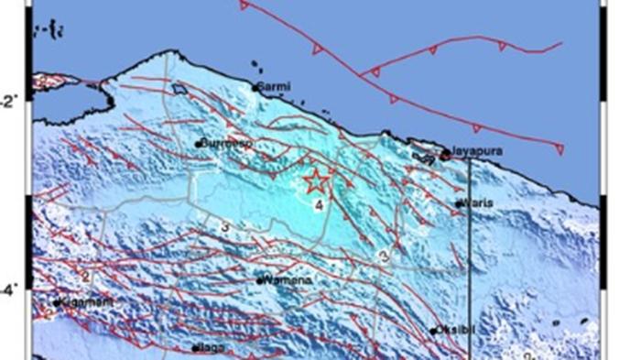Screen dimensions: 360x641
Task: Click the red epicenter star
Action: coord(314,180)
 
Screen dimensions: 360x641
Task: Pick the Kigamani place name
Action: coord(84,300)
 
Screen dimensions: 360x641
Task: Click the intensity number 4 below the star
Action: coord(318,206)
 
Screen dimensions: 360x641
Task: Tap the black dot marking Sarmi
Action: coord(255,87)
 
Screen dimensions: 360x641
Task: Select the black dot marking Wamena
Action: coord(261,280)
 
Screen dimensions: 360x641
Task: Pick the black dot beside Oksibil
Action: coord(433,331)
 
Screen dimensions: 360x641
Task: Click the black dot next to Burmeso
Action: coord(197,143)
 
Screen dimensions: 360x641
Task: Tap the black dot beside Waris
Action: coord(457,204)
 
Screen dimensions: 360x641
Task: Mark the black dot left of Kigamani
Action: coord(57,301)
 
